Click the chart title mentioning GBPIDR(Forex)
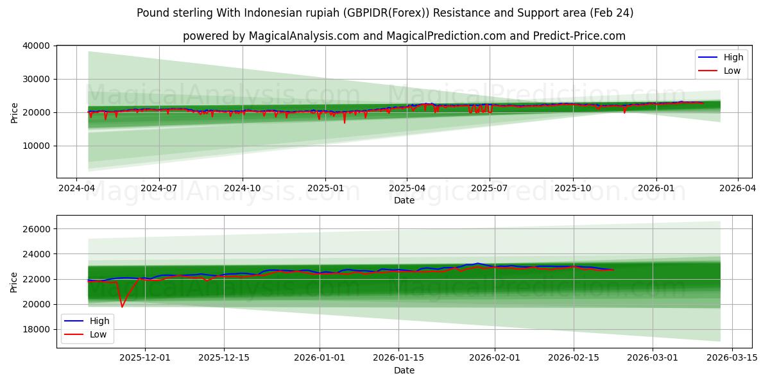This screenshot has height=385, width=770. [385, 13]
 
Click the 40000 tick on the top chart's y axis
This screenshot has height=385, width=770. [37, 46]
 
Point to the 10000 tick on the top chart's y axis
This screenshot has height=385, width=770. [37, 146]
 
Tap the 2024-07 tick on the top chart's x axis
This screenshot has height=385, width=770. [158, 189]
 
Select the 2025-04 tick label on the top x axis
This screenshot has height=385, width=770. [407, 189]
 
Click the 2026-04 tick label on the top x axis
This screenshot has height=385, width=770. [737, 189]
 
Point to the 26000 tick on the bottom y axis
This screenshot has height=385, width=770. [37, 229]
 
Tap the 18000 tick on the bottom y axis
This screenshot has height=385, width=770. [37, 329]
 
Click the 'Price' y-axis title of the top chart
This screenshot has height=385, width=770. [14, 112]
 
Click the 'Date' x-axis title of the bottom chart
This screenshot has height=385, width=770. [404, 370]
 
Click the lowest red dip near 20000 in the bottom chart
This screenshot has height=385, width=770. [122, 306]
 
